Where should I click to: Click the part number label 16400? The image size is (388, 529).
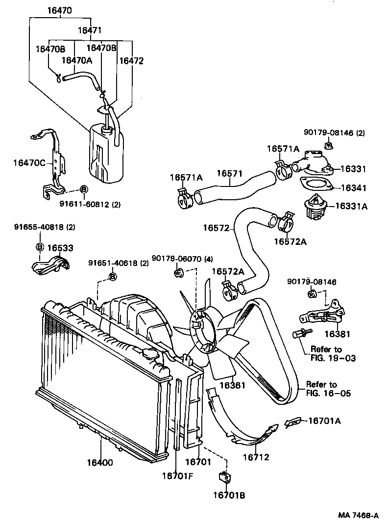100,462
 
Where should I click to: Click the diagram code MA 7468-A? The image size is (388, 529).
359,515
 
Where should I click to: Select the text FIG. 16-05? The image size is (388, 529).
328,393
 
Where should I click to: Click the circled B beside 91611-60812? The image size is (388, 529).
84,189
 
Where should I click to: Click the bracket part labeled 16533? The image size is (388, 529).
49,265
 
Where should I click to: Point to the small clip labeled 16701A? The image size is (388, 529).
292,422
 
